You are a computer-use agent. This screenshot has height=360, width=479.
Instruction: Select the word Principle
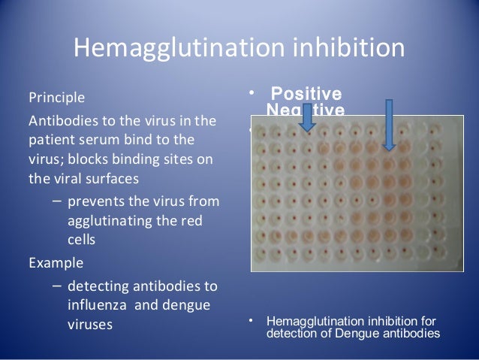(x=56, y=98)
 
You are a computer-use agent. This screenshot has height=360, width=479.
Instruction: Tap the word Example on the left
(x=55, y=264)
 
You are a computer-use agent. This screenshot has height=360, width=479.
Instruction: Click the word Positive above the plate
(x=306, y=95)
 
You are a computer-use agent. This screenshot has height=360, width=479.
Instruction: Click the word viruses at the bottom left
(x=89, y=325)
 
